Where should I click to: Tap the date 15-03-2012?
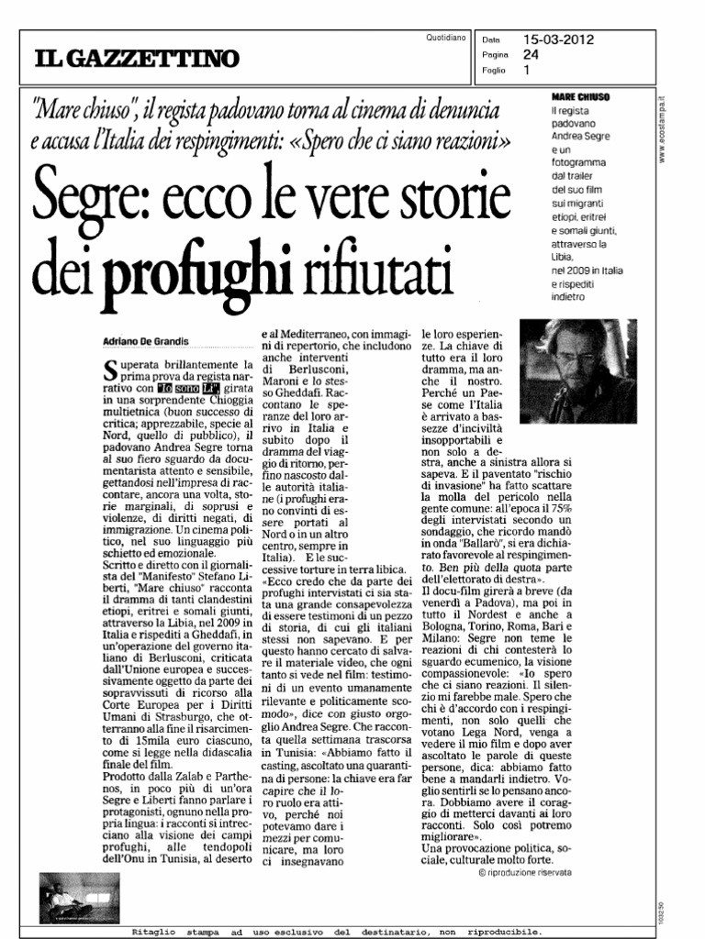[x=558, y=39]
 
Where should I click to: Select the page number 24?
[x=530, y=54]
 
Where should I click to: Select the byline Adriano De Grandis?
[x=146, y=341]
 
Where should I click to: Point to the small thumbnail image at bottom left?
[x=81, y=896]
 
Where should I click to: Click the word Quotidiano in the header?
[x=446, y=37]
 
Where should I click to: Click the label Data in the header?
[x=491, y=40]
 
